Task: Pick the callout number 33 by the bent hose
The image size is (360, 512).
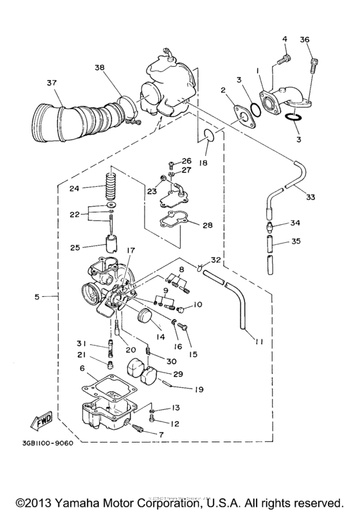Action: coord(310,197)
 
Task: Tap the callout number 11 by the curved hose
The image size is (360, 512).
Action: coord(259,342)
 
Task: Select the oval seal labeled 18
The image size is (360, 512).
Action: coord(206,134)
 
